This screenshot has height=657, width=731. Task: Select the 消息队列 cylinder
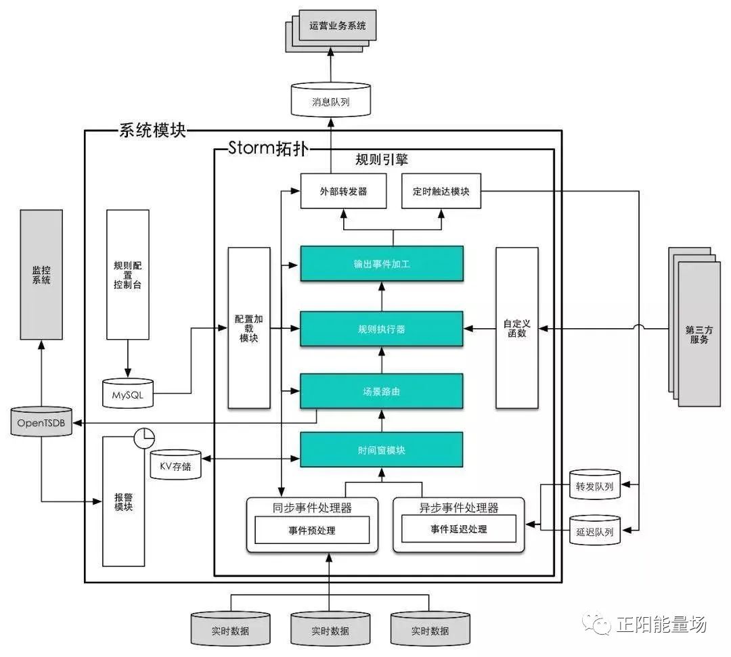tap(331, 99)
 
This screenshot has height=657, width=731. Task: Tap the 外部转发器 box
tap(344, 191)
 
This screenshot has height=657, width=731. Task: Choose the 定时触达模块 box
tap(441, 191)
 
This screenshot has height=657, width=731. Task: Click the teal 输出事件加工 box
tap(382, 264)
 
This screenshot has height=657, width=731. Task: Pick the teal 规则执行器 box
tap(382, 329)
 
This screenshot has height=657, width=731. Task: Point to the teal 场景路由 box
tap(382, 391)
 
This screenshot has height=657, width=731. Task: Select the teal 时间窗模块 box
tap(382, 450)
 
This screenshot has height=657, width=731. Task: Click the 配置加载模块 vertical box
tap(249, 328)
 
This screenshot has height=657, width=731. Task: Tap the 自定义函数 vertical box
tap(517, 328)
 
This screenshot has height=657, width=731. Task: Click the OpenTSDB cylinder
tap(41, 422)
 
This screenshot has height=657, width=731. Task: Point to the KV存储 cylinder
tap(176, 465)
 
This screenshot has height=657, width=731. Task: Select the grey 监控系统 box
tap(41, 275)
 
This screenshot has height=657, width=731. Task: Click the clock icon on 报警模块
tap(145, 438)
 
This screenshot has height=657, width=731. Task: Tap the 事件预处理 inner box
tap(312, 530)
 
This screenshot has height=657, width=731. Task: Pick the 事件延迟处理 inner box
tap(459, 529)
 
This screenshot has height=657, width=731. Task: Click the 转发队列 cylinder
tap(595, 485)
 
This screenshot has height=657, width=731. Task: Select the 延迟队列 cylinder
tap(595, 530)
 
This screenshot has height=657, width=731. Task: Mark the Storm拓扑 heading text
tap(267, 148)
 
